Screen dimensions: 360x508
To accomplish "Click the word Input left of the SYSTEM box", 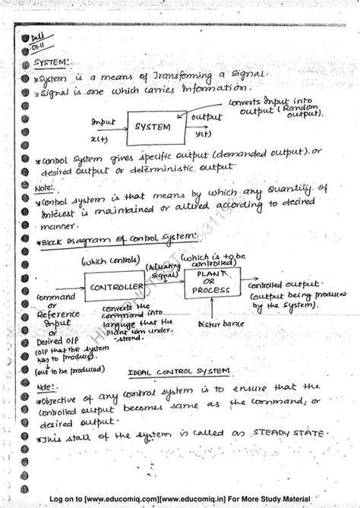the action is (103, 121).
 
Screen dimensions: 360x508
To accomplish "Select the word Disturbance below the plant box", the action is (217, 325).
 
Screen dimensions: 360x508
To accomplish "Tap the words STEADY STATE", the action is (283, 433).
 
